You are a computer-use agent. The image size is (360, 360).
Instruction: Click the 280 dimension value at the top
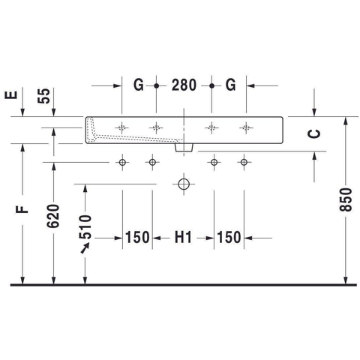pyautogui.click(x=184, y=85)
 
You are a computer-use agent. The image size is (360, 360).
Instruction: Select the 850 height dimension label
pyautogui.click(x=346, y=199)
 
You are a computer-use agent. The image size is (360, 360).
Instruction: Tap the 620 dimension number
pyautogui.click(x=53, y=216)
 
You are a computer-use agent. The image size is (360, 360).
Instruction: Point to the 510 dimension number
pyautogui.click(x=85, y=226)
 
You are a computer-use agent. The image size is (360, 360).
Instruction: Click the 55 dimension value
pyautogui.click(x=43, y=96)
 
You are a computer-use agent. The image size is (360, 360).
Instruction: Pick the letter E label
pyautogui.click(x=11, y=95)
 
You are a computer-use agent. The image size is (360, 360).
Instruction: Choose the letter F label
pyautogui.click(x=22, y=209)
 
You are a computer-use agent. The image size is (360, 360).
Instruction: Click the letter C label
pyautogui.click(x=314, y=133)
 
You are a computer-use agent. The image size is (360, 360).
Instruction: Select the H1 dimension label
pyautogui.click(x=183, y=237)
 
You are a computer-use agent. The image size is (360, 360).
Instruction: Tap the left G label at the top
pyautogui.click(x=139, y=85)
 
